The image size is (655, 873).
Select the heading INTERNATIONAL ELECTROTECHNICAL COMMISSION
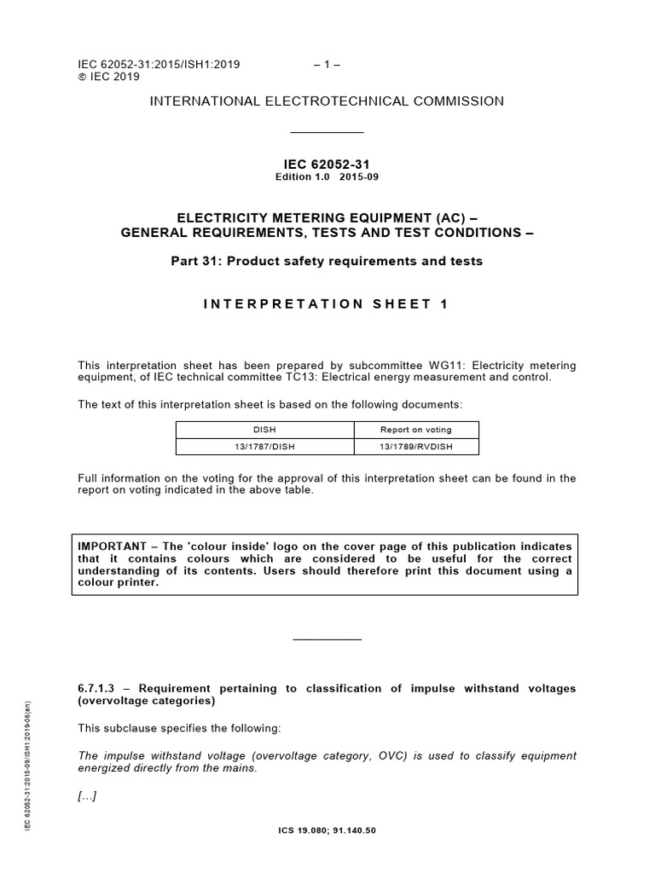[327, 101]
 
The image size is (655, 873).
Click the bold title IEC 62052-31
[327, 165]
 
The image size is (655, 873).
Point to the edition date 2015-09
[359, 177]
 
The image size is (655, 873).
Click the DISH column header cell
[264, 430]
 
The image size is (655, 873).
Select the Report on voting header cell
[415, 430]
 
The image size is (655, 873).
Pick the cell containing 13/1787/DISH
[264, 447]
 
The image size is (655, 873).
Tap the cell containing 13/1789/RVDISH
[415, 447]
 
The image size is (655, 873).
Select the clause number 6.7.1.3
[101, 687]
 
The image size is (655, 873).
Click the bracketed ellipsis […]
[87, 795]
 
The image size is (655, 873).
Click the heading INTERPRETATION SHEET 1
[327, 304]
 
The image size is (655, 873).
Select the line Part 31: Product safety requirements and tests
[327, 262]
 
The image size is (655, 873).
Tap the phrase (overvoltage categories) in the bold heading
[146, 702]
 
